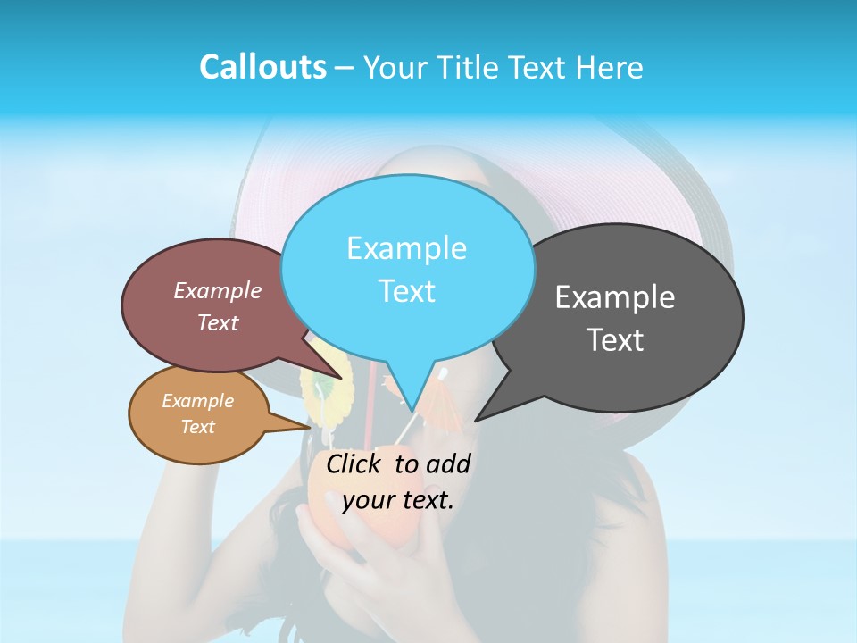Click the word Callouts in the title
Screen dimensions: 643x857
[x=262, y=67]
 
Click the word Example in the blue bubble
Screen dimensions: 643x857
[x=406, y=248]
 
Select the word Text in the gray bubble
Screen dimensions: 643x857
[x=615, y=340]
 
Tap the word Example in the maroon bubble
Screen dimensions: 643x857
[x=218, y=291]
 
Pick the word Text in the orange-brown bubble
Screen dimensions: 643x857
[x=198, y=427]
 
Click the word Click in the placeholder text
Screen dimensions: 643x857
[x=356, y=463]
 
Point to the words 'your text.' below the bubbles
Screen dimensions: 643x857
[x=398, y=500]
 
